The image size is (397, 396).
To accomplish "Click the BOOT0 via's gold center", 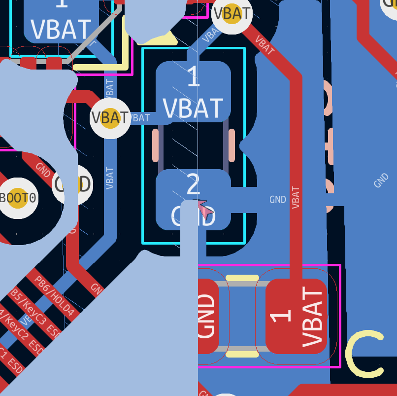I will tap(18, 198).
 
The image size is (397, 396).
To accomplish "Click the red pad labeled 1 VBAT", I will tap(296, 316).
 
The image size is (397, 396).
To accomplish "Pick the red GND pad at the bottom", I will tap(207, 316).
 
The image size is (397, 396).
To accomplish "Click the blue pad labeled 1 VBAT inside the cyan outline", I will tap(193, 92).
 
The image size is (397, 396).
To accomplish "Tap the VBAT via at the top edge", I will tap(232, 13).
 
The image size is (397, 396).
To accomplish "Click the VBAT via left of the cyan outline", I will tap(110, 118).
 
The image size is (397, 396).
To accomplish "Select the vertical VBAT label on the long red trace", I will tap(296, 197).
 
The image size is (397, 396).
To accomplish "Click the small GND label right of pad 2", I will tap(278, 200).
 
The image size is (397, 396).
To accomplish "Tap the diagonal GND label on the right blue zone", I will tap(381, 180).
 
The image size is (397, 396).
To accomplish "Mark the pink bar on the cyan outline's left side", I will tap(156, 145).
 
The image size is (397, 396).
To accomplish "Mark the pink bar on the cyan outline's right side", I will tap(232, 145).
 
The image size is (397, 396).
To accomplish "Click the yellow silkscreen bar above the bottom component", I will tap(242, 278).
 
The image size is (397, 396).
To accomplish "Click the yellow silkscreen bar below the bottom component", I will tap(242, 354).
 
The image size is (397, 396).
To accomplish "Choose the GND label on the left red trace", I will tap(43, 169).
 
